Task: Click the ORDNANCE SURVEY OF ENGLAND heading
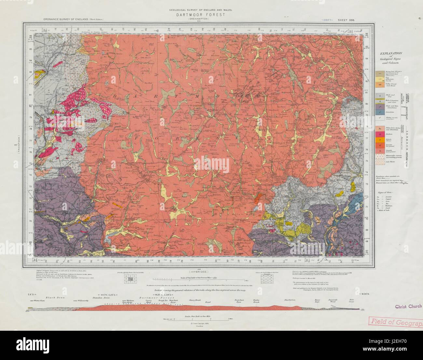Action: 65,20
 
